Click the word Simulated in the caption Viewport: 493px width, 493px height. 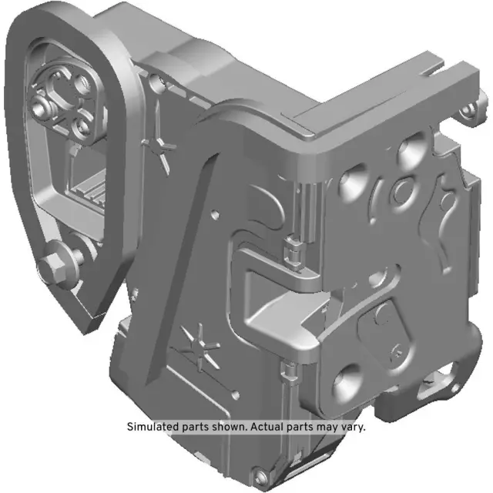coord(152,427)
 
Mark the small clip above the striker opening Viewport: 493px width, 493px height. coord(290,252)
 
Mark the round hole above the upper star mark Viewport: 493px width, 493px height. coord(157,81)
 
